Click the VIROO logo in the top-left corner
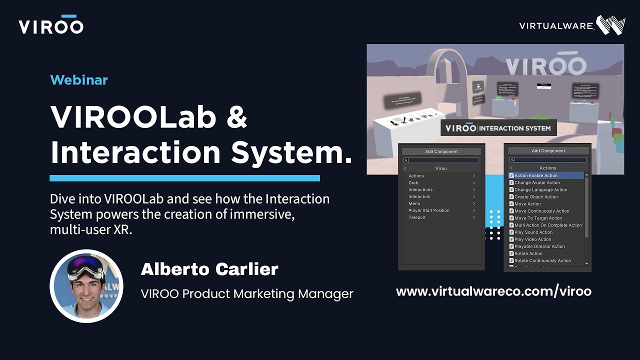point(50,25)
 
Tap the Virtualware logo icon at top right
point(610,25)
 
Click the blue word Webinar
point(79,80)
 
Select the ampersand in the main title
point(236,116)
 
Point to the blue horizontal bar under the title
point(184,178)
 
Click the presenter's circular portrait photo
point(86,285)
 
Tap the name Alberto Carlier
point(209,269)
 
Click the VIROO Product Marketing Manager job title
point(247,294)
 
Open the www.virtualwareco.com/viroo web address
point(493,291)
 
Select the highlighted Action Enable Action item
point(536,175)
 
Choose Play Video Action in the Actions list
point(532,239)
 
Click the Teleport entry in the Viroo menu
point(417,217)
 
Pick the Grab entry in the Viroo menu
point(413,183)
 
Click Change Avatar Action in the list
point(537,182)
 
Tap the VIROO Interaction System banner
point(498,128)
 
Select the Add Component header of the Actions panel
point(548,150)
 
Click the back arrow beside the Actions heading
point(511,168)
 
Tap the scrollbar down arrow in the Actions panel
point(586,263)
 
